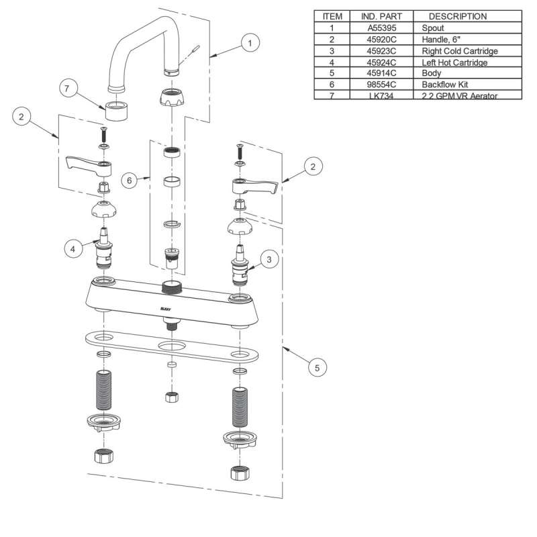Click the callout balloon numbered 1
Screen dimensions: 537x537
click(x=250, y=42)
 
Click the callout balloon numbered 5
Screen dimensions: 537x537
click(x=318, y=367)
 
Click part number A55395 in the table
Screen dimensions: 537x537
click(x=381, y=28)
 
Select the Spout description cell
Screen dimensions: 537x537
click(x=432, y=28)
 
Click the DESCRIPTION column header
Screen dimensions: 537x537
click(x=458, y=16)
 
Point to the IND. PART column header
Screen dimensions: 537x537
click(x=381, y=16)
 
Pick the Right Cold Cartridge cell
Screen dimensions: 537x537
click(x=459, y=51)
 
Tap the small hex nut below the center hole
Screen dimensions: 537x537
click(x=171, y=396)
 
